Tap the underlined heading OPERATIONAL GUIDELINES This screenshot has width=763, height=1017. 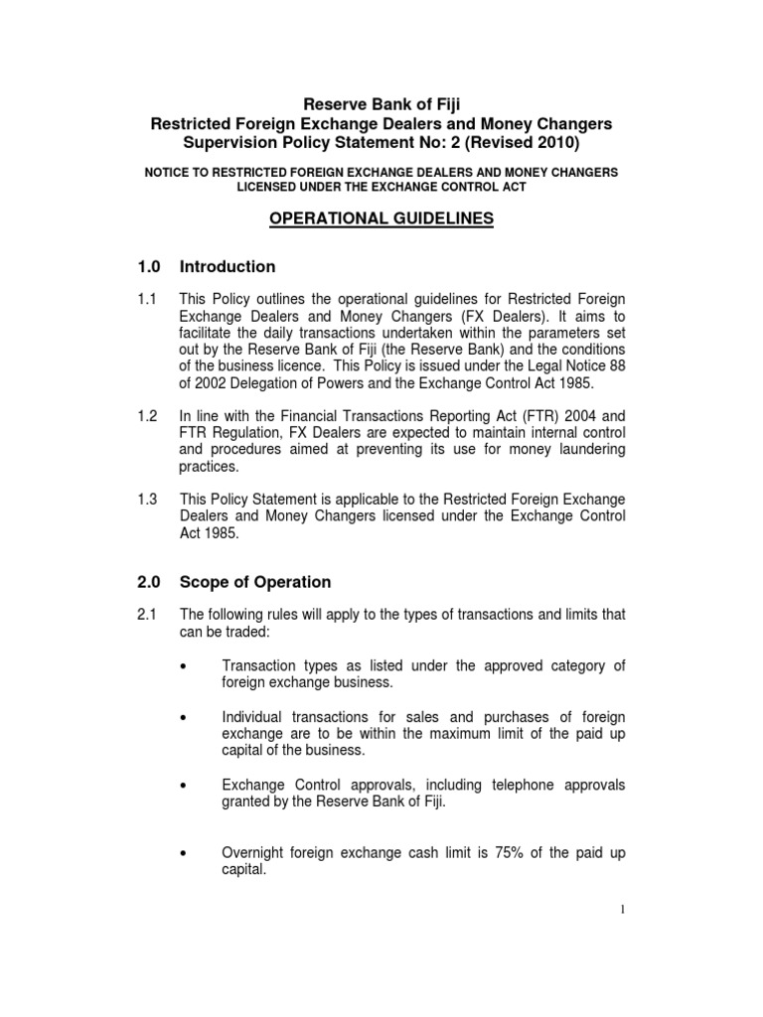381,218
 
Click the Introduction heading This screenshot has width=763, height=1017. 228,267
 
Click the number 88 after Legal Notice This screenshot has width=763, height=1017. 616,369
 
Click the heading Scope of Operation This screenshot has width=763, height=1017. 255,583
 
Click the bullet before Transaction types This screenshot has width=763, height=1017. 186,666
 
